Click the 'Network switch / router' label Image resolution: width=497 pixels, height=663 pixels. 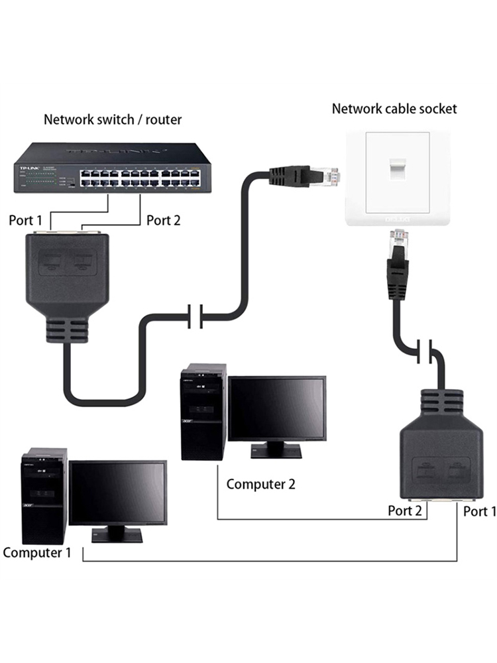pyautogui.click(x=113, y=120)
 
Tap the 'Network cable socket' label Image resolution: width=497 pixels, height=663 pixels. pyautogui.click(x=394, y=109)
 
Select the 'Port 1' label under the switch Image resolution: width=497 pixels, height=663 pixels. pyautogui.click(x=25, y=220)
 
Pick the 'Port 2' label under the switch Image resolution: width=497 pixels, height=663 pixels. pyautogui.click(x=163, y=220)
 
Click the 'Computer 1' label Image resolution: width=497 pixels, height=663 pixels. pyautogui.click(x=36, y=552)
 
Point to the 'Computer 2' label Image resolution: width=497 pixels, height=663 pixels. pyautogui.click(x=260, y=484)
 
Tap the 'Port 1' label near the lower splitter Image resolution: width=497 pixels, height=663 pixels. pyautogui.click(x=479, y=511)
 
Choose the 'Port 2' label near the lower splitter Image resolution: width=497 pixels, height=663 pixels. pyautogui.click(x=404, y=511)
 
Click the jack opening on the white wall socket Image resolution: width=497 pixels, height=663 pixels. pyautogui.click(x=398, y=171)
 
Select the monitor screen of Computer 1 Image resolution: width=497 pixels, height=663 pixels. pyautogui.click(x=118, y=493)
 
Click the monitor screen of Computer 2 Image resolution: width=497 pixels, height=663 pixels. pyautogui.click(x=277, y=410)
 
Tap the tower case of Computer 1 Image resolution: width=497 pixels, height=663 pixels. pyautogui.click(x=44, y=496)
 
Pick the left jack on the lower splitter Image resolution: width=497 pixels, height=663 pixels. pyautogui.click(x=423, y=472)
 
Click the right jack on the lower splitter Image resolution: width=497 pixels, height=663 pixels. pyautogui.click(x=455, y=472)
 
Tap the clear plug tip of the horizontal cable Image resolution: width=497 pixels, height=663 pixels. pyautogui.click(x=329, y=176)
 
